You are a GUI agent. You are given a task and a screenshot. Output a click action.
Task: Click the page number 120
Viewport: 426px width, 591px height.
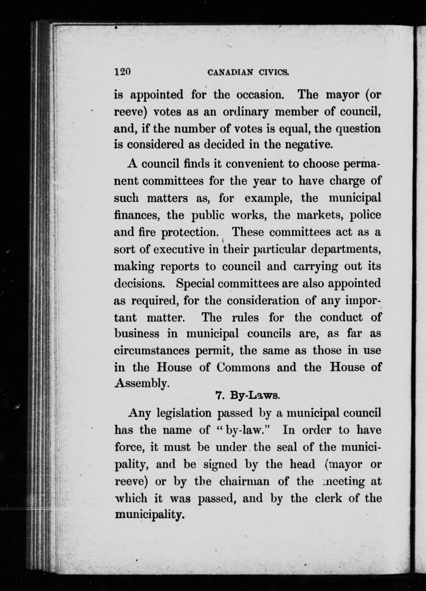click(122, 73)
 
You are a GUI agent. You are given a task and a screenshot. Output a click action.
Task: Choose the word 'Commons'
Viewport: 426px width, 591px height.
click(243, 368)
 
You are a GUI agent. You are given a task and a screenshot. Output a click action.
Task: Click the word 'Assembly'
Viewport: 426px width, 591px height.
click(142, 384)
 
